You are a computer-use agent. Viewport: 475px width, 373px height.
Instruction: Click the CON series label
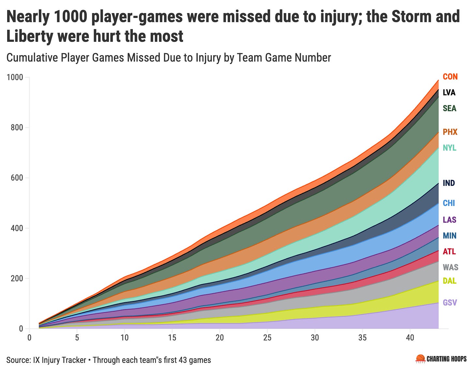(450, 77)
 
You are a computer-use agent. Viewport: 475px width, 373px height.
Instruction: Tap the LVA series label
(449, 93)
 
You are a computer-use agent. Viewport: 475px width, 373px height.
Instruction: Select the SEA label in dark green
(450, 108)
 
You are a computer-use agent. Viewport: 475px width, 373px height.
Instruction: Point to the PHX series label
(450, 132)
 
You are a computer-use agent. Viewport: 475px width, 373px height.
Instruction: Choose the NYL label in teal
(450, 148)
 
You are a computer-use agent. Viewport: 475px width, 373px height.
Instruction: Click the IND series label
(449, 183)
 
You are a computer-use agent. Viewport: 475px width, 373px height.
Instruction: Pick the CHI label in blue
(449, 203)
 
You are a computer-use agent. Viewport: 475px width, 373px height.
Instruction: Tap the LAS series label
(450, 220)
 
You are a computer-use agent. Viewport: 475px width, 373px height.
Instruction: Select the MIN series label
(450, 236)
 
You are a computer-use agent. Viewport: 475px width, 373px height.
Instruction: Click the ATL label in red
(449, 252)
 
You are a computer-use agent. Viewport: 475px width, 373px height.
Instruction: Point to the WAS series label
(450, 267)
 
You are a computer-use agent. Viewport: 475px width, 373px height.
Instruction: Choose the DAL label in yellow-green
(450, 281)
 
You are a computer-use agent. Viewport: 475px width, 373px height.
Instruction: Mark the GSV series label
(450, 303)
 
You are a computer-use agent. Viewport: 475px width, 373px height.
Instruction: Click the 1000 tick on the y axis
(15, 77)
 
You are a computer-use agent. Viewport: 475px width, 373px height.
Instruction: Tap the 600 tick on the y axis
(17, 178)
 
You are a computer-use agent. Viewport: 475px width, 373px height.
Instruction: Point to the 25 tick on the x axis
(267, 338)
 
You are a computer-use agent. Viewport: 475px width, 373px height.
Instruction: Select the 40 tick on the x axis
(410, 338)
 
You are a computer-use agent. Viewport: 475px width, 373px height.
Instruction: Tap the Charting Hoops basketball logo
(421, 359)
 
